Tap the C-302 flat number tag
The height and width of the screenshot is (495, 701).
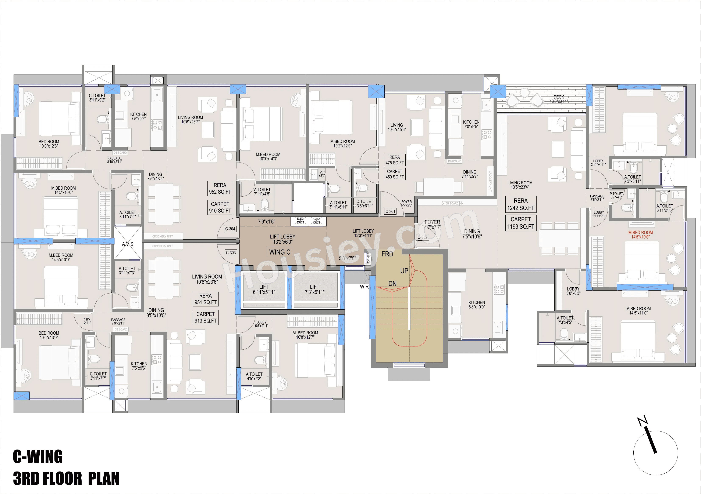click(423, 237)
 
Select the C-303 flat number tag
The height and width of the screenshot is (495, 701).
click(231, 252)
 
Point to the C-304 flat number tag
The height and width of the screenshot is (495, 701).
click(230, 229)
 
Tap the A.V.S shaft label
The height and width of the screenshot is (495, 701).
click(128, 244)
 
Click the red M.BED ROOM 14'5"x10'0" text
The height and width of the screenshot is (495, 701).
click(640, 234)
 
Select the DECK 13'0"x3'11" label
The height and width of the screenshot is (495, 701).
click(559, 99)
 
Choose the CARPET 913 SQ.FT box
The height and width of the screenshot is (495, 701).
click(206, 317)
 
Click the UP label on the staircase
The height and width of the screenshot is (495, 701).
click(404, 271)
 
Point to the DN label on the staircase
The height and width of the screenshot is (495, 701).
click(392, 284)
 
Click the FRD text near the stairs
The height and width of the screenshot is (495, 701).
click(387, 254)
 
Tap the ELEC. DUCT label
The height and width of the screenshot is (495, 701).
click(301, 221)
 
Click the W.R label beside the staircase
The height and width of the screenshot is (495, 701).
click(364, 287)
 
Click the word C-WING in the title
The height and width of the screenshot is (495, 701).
click(38, 456)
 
